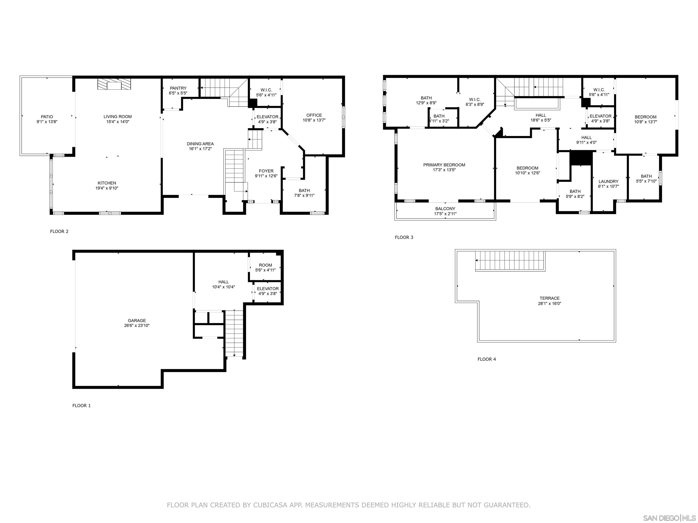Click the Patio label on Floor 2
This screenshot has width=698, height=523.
pos(47,117)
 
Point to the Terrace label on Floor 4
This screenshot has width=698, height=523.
pos(549,298)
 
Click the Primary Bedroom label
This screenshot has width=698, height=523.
pos(444,165)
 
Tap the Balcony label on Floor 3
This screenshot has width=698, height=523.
pos(445,209)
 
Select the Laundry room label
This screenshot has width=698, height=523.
pos(608,182)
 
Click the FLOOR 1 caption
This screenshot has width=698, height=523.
pos(81,405)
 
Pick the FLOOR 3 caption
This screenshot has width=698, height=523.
pos(404,237)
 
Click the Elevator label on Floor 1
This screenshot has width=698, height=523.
pos(268,289)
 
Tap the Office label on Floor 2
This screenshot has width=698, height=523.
pos(314,115)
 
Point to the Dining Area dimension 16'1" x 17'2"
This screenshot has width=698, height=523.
pos(200,149)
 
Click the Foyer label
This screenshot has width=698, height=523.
pos(266,171)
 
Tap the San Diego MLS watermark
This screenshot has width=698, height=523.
pos(669,518)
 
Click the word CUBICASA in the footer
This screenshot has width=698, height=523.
pos(270,505)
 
